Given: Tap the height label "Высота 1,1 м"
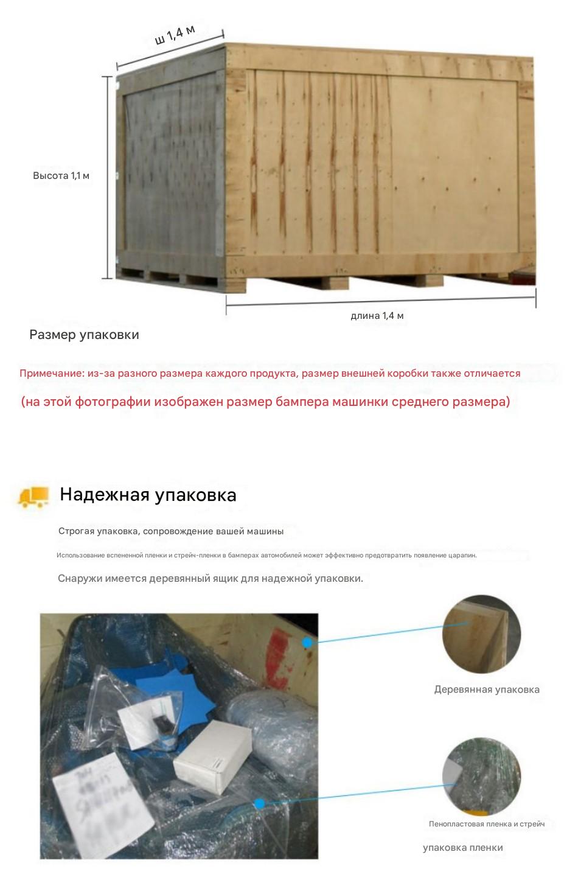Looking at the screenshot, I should [x=61, y=176].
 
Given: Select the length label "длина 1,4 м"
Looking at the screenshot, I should [x=377, y=316].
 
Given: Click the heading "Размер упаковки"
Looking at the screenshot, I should [x=84, y=335].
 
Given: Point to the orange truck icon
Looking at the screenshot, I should [x=33, y=497].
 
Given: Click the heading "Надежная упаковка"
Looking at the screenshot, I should [x=148, y=495].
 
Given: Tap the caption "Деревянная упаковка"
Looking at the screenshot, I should [x=487, y=690].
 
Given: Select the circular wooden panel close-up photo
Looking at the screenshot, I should [x=481, y=634].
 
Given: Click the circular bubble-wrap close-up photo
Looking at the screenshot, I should [x=481, y=777].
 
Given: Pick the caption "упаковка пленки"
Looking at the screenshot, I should [x=462, y=848].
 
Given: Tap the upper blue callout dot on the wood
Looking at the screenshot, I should [x=308, y=642].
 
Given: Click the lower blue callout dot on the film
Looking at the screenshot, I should [x=259, y=804].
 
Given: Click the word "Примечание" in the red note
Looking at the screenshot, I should [x=51, y=374].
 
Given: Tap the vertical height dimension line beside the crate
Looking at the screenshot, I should [x=108, y=176].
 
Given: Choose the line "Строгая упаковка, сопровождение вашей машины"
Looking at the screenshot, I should [x=171, y=531].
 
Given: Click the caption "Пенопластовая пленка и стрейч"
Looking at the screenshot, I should [x=487, y=824].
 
